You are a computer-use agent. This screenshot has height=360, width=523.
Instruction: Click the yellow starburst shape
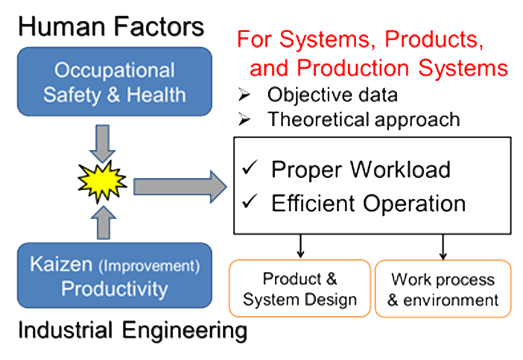(102, 182)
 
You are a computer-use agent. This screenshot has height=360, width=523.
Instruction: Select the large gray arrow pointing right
(180, 186)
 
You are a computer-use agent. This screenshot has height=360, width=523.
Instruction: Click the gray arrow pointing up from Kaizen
(104, 222)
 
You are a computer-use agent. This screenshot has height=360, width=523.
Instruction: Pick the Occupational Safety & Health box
(115, 82)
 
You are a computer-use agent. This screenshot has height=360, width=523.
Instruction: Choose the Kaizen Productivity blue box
(115, 275)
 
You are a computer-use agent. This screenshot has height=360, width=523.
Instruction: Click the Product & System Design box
(299, 288)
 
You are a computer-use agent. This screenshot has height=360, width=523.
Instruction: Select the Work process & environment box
(443, 288)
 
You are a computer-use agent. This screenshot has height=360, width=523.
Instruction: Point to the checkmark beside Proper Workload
(250, 167)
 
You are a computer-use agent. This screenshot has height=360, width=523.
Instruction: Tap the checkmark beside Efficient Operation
(250, 200)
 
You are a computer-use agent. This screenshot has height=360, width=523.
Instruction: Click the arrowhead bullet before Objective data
(244, 95)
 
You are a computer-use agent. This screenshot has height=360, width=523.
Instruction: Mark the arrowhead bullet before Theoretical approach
(244, 119)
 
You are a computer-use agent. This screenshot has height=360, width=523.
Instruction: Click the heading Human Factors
(111, 27)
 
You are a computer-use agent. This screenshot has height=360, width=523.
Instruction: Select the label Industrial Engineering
(133, 331)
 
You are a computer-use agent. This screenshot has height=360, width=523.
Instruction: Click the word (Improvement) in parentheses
(149, 266)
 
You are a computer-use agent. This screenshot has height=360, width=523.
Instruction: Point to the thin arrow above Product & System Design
(300, 246)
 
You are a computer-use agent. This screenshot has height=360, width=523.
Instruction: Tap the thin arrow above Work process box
(443, 247)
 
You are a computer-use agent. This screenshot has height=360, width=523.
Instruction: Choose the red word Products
(434, 40)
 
